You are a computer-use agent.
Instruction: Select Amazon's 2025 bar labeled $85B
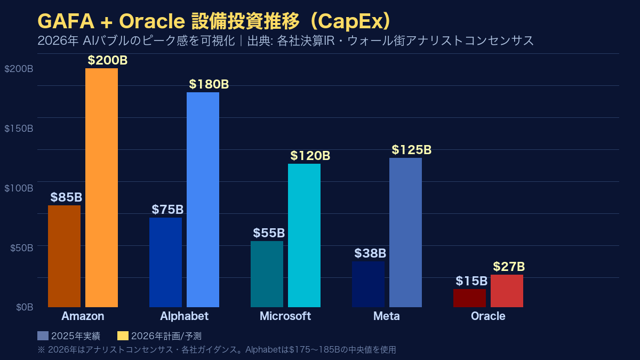64,256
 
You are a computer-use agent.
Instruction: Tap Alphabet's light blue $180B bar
203,199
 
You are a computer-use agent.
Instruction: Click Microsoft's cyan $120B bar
304,235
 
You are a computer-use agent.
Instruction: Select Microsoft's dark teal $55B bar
267,274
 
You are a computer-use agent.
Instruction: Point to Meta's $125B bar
405,233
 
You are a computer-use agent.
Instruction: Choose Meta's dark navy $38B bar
368,284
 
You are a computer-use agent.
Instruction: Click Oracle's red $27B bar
507,291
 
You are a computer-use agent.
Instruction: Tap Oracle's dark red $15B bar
469,298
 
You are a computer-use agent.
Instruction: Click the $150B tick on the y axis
19,129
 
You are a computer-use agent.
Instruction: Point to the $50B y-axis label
21,247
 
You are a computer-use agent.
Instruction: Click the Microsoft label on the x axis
285,316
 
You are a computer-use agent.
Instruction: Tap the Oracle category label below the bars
487,316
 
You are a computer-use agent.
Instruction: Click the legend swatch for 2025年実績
43,335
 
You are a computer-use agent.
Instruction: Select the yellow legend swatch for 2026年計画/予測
123,335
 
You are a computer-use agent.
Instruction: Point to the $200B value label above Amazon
108,60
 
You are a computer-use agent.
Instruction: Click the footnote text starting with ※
217,350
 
